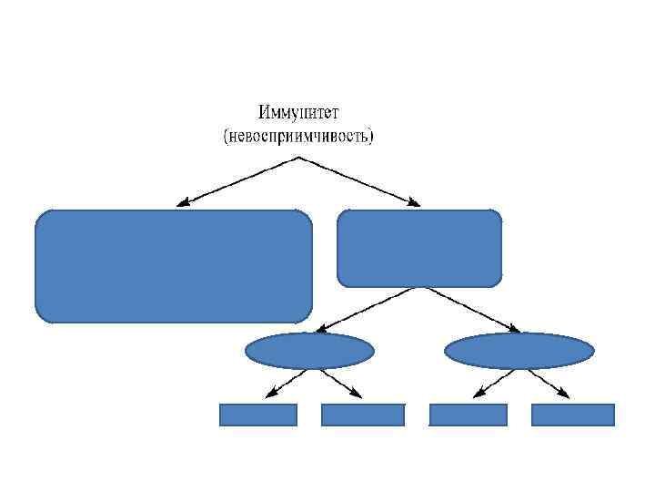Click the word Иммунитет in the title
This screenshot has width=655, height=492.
[298, 114]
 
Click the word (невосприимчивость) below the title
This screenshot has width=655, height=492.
[298, 137]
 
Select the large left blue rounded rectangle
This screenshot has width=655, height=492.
[173, 266]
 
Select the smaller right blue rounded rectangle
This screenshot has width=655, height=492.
[419, 248]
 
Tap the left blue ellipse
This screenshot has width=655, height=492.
[309, 351]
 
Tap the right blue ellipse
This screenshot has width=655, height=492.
[519, 351]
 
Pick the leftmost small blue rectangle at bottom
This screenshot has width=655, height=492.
[258, 415]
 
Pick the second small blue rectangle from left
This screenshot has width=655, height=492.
[363, 415]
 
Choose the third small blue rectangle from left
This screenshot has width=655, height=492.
[468, 415]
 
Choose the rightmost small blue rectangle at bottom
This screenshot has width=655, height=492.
[573, 415]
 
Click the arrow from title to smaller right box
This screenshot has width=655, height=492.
[358, 180]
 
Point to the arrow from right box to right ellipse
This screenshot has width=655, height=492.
[469, 309]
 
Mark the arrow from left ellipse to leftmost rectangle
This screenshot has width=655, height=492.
[287, 383]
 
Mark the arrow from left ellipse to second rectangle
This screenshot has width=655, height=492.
[336, 383]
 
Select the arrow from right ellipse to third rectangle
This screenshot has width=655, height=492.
[496, 383]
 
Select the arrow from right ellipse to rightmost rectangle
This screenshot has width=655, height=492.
[545, 383]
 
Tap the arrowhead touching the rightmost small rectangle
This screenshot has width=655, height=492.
[565, 395]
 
